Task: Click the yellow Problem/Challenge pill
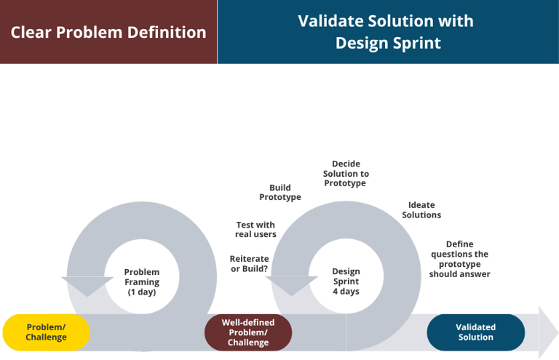pos(46,332)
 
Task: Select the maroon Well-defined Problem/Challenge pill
pos(247,332)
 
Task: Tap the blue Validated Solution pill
pos(475,332)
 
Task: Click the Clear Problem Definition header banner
pos(108,33)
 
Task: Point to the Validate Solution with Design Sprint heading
pos(387,32)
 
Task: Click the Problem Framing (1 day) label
pos(142,282)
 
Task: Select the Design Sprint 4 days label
pos(346,281)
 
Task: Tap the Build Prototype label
pos(280,192)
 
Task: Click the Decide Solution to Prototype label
pos(346,174)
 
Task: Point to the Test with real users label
pos(255,230)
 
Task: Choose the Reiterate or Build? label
pos(249,263)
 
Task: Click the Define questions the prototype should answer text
pos(459,260)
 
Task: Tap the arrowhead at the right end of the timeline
pos(547,332)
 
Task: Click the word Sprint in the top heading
pos(414,43)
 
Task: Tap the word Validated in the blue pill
pos(475,327)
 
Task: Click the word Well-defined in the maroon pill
pos(247,322)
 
